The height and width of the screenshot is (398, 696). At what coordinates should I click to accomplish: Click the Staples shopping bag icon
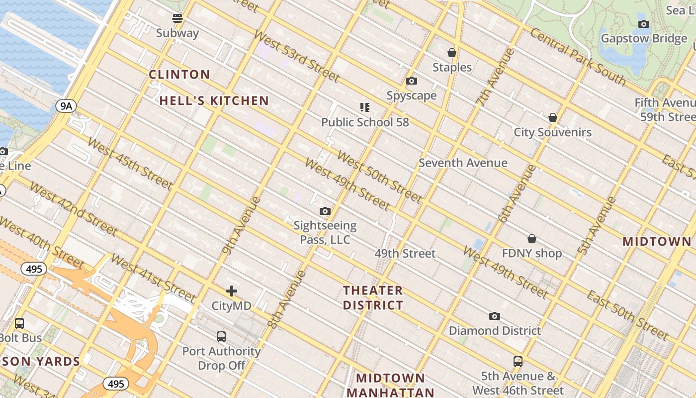click(452, 53)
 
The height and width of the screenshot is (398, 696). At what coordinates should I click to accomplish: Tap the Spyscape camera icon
click(412, 81)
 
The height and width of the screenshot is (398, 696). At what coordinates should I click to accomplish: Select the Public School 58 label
click(365, 122)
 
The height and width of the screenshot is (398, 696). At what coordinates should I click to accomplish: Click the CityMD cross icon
click(232, 291)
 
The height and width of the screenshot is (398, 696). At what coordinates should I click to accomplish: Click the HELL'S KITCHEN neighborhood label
click(214, 101)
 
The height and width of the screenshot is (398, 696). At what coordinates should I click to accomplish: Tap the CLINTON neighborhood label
click(179, 75)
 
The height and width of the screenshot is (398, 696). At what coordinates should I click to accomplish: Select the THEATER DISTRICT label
click(373, 298)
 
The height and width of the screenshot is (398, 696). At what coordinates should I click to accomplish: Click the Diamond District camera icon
click(494, 316)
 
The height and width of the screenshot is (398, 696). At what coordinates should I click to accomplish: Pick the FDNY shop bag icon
click(532, 239)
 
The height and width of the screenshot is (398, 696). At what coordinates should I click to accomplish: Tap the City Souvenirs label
click(552, 132)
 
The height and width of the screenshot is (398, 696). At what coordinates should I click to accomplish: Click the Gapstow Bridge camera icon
click(644, 24)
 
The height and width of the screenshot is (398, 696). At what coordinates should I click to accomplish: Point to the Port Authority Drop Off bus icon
click(221, 337)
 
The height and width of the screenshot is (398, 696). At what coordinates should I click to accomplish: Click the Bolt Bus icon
click(19, 323)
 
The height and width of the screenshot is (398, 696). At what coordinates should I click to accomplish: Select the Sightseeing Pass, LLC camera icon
click(325, 211)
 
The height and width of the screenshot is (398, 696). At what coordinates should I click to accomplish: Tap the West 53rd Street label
click(296, 56)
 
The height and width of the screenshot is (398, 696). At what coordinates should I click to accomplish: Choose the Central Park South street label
click(577, 56)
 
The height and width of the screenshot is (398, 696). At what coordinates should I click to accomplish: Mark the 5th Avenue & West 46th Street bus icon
click(518, 362)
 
